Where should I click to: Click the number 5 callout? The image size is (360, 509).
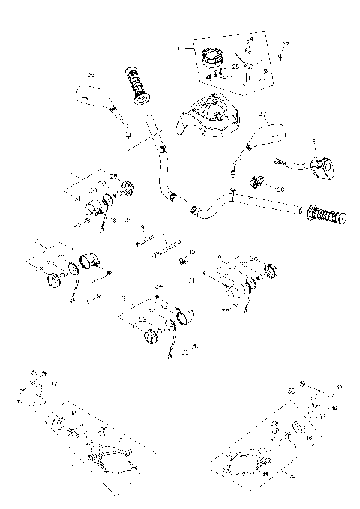(x=313, y=141)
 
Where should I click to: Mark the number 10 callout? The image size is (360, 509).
(x=191, y=252)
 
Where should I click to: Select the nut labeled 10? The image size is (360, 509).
(x=182, y=261)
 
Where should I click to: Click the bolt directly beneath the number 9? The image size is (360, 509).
(x=146, y=241)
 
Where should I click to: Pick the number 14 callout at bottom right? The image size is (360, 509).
(x=292, y=475)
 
